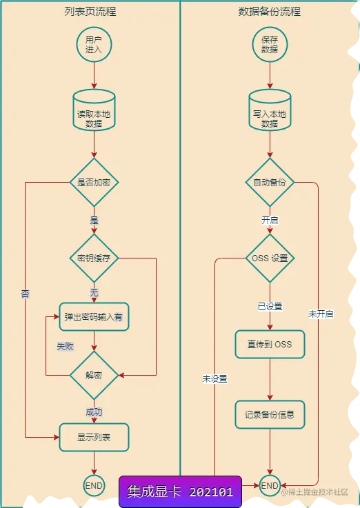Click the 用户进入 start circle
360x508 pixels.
point(94,45)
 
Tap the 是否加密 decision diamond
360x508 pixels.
point(94,183)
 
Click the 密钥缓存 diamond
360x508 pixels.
point(94,258)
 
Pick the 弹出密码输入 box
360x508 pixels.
point(94,318)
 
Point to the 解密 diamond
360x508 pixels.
point(94,376)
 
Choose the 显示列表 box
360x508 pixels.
point(94,436)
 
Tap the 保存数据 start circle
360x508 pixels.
point(270,45)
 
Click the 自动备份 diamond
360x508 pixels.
point(270,183)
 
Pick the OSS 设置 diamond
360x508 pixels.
point(270,258)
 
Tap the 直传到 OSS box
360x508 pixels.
point(270,344)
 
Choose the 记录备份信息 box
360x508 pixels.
point(270,415)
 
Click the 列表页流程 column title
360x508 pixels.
point(90,12)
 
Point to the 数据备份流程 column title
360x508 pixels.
point(270,12)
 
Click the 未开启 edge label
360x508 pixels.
point(321,314)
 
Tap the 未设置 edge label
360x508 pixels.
point(214,378)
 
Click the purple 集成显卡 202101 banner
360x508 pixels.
point(181,491)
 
